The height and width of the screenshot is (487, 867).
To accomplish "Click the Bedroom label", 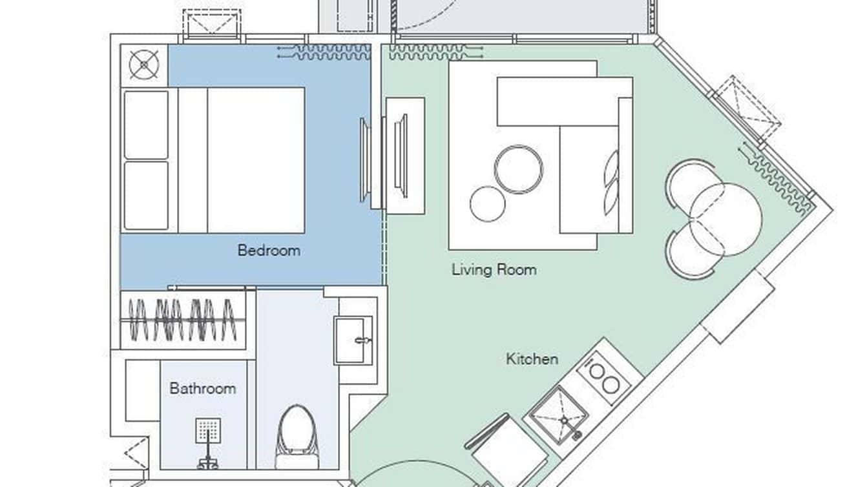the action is click(x=269, y=251).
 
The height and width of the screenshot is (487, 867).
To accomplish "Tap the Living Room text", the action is click(x=494, y=269).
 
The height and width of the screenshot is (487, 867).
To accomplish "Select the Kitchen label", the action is click(x=532, y=359).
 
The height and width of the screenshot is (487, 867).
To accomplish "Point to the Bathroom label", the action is click(x=202, y=389).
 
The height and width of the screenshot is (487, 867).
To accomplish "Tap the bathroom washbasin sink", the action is click(x=353, y=340).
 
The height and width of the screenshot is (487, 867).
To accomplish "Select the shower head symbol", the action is click(x=208, y=430).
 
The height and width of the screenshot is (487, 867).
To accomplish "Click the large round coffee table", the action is click(x=519, y=169).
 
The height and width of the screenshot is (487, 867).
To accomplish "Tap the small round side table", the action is click(x=487, y=203).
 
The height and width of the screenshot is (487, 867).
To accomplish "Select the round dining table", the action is click(x=726, y=219).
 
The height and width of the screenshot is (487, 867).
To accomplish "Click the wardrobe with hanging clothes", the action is click(x=183, y=318).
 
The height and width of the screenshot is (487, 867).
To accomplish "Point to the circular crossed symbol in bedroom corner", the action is click(x=143, y=65).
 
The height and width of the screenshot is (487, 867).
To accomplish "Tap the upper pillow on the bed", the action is click(x=146, y=125).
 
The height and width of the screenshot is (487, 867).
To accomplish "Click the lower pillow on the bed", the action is click(x=146, y=195).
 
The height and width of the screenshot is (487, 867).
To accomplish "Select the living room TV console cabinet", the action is click(x=405, y=156).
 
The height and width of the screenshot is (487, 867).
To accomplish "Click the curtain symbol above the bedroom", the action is click(x=323, y=52).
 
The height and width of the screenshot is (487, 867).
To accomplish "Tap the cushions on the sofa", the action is click(x=611, y=183).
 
